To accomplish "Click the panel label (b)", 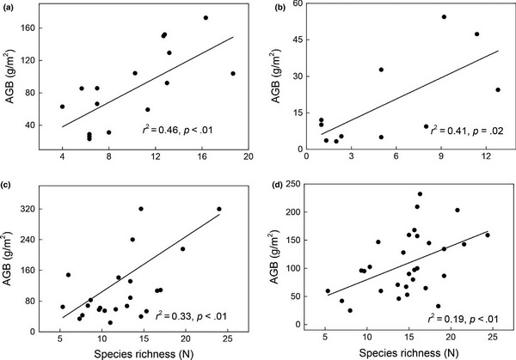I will click(x=275, y=7).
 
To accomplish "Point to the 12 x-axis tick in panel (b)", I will click(x=486, y=157).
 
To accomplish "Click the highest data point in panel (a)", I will click(x=206, y=17).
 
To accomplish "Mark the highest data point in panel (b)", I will click(x=444, y=16).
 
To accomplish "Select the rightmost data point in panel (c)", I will click(x=219, y=209).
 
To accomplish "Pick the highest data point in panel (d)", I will click(x=420, y=194).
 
